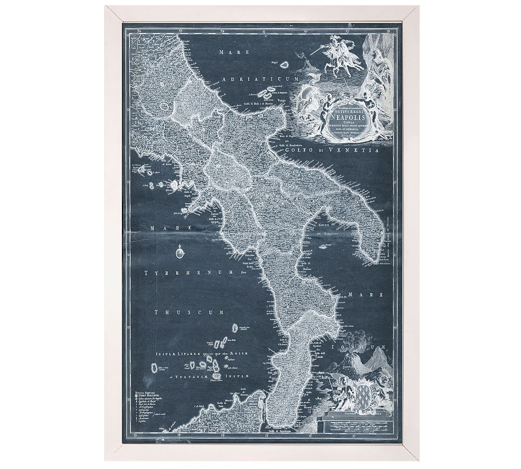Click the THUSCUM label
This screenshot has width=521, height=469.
pyautogui.click(x=189, y=312)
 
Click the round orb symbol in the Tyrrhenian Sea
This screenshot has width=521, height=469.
pyautogui.click(x=180, y=253)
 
